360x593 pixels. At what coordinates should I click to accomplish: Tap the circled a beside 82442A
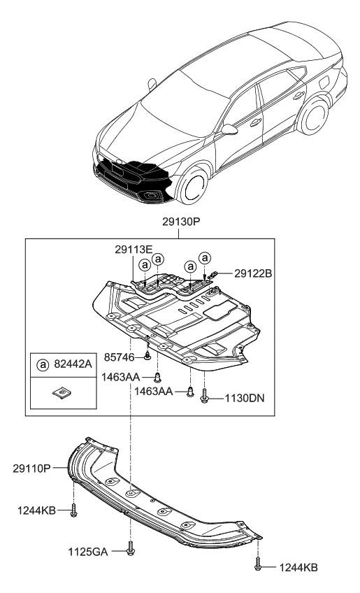(x=43, y=365)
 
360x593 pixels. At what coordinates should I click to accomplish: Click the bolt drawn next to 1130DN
(x=204, y=396)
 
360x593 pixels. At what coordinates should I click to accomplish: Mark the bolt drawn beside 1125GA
(x=131, y=550)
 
